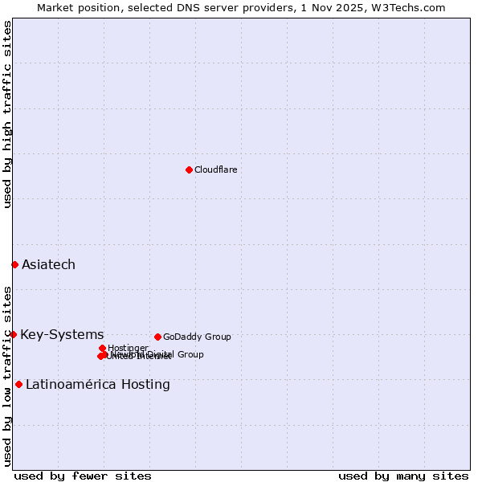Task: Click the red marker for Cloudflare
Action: tap(189, 170)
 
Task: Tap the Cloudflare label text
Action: tap(215, 170)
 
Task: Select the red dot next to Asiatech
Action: tap(14, 264)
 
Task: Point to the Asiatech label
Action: tap(48, 264)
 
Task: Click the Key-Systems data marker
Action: tap(14, 334)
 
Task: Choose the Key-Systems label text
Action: tap(62, 334)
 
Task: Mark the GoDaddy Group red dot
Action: tap(157, 337)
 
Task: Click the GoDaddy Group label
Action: tap(197, 337)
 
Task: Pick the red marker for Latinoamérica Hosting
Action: tap(18, 384)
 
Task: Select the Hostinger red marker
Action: tap(102, 348)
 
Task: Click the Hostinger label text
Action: tap(128, 348)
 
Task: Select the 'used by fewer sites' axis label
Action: tap(83, 476)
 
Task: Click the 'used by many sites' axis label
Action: tap(403, 476)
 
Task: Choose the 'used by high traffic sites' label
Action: tap(7, 114)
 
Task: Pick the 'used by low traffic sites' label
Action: tap(7, 375)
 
